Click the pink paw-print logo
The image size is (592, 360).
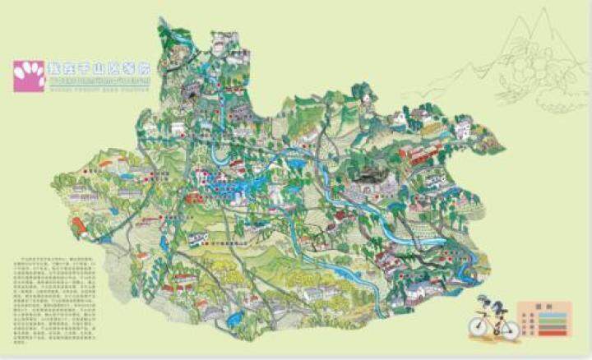pos(28,76)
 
